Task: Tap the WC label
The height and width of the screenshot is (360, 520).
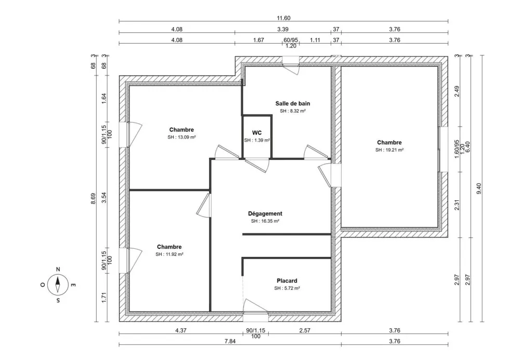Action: click(x=257, y=133)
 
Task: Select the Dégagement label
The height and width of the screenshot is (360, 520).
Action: click(x=265, y=213)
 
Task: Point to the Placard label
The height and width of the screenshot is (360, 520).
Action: click(x=287, y=280)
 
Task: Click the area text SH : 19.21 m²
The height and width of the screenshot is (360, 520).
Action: click(x=389, y=150)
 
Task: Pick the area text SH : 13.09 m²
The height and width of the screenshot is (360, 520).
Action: click(x=181, y=137)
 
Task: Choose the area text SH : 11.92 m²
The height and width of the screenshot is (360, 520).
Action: click(x=169, y=254)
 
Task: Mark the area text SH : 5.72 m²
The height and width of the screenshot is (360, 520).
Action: click(x=287, y=288)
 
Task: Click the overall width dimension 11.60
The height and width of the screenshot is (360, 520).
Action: click(x=283, y=18)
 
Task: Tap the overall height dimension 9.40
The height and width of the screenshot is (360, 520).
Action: click(x=479, y=188)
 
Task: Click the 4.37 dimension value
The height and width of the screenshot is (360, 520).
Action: click(x=181, y=330)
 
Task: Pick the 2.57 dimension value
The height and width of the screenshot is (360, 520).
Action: click(x=304, y=330)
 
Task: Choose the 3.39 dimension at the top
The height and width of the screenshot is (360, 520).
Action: click(x=283, y=30)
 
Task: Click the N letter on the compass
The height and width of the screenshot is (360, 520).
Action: click(x=58, y=269)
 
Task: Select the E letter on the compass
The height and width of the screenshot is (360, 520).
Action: click(x=74, y=285)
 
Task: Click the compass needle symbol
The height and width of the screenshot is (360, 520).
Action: click(x=58, y=285)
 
